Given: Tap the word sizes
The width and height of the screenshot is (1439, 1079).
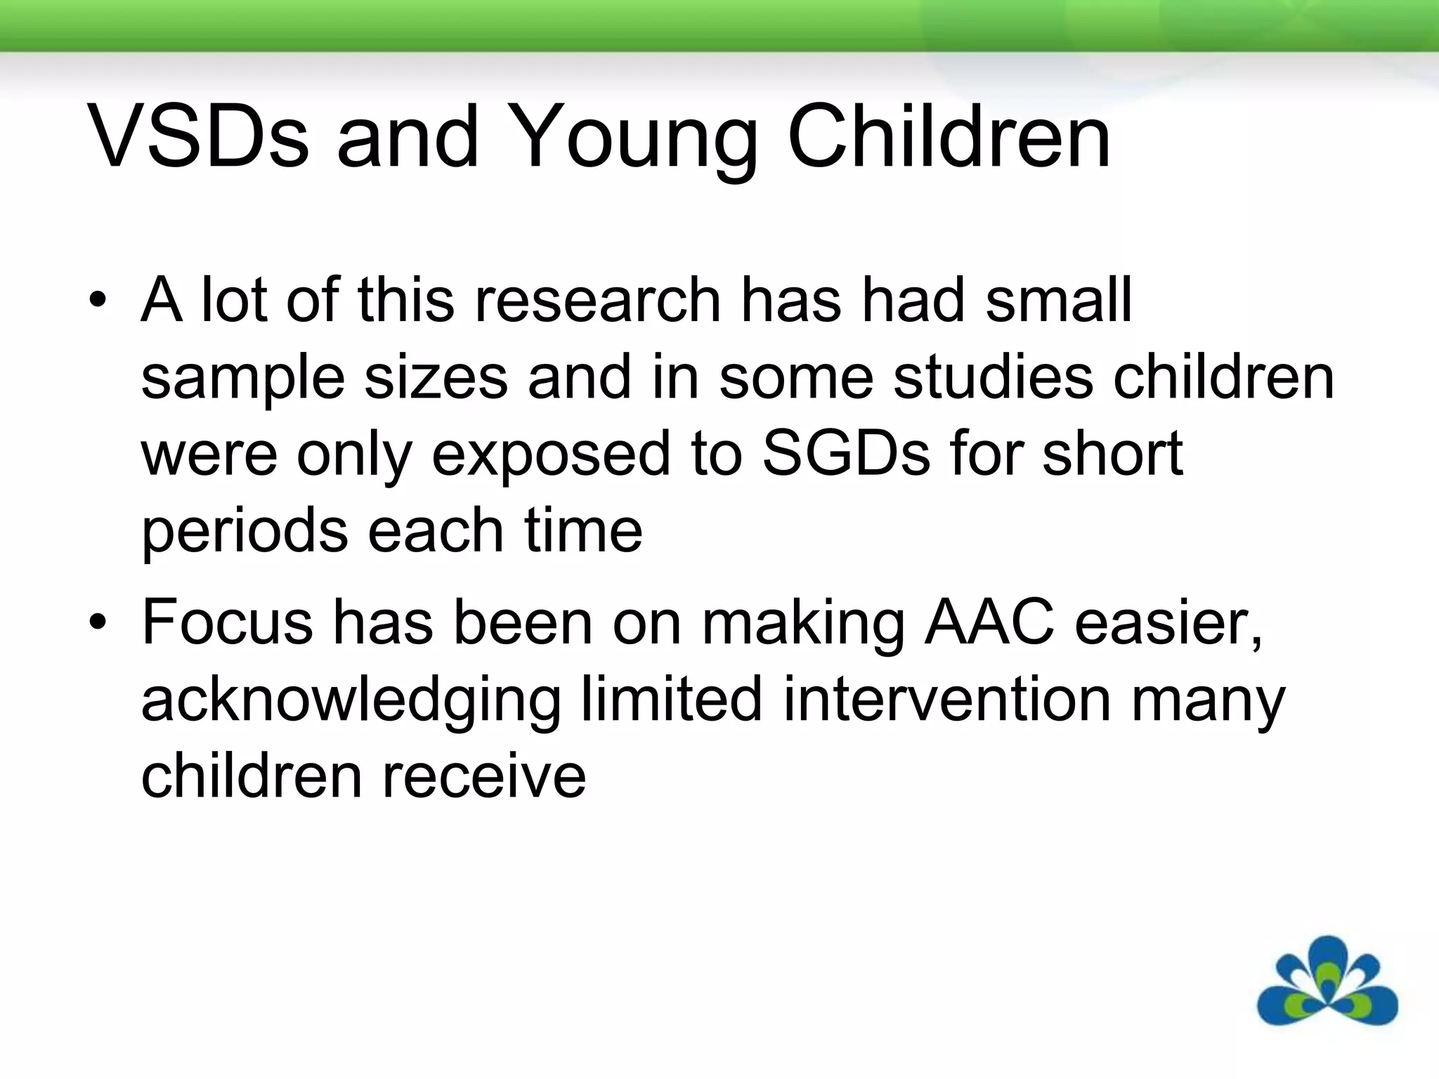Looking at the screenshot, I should point(436,377).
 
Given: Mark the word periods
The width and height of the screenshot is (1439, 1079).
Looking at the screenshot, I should point(245,532).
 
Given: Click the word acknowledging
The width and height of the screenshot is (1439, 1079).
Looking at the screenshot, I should point(351,701).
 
